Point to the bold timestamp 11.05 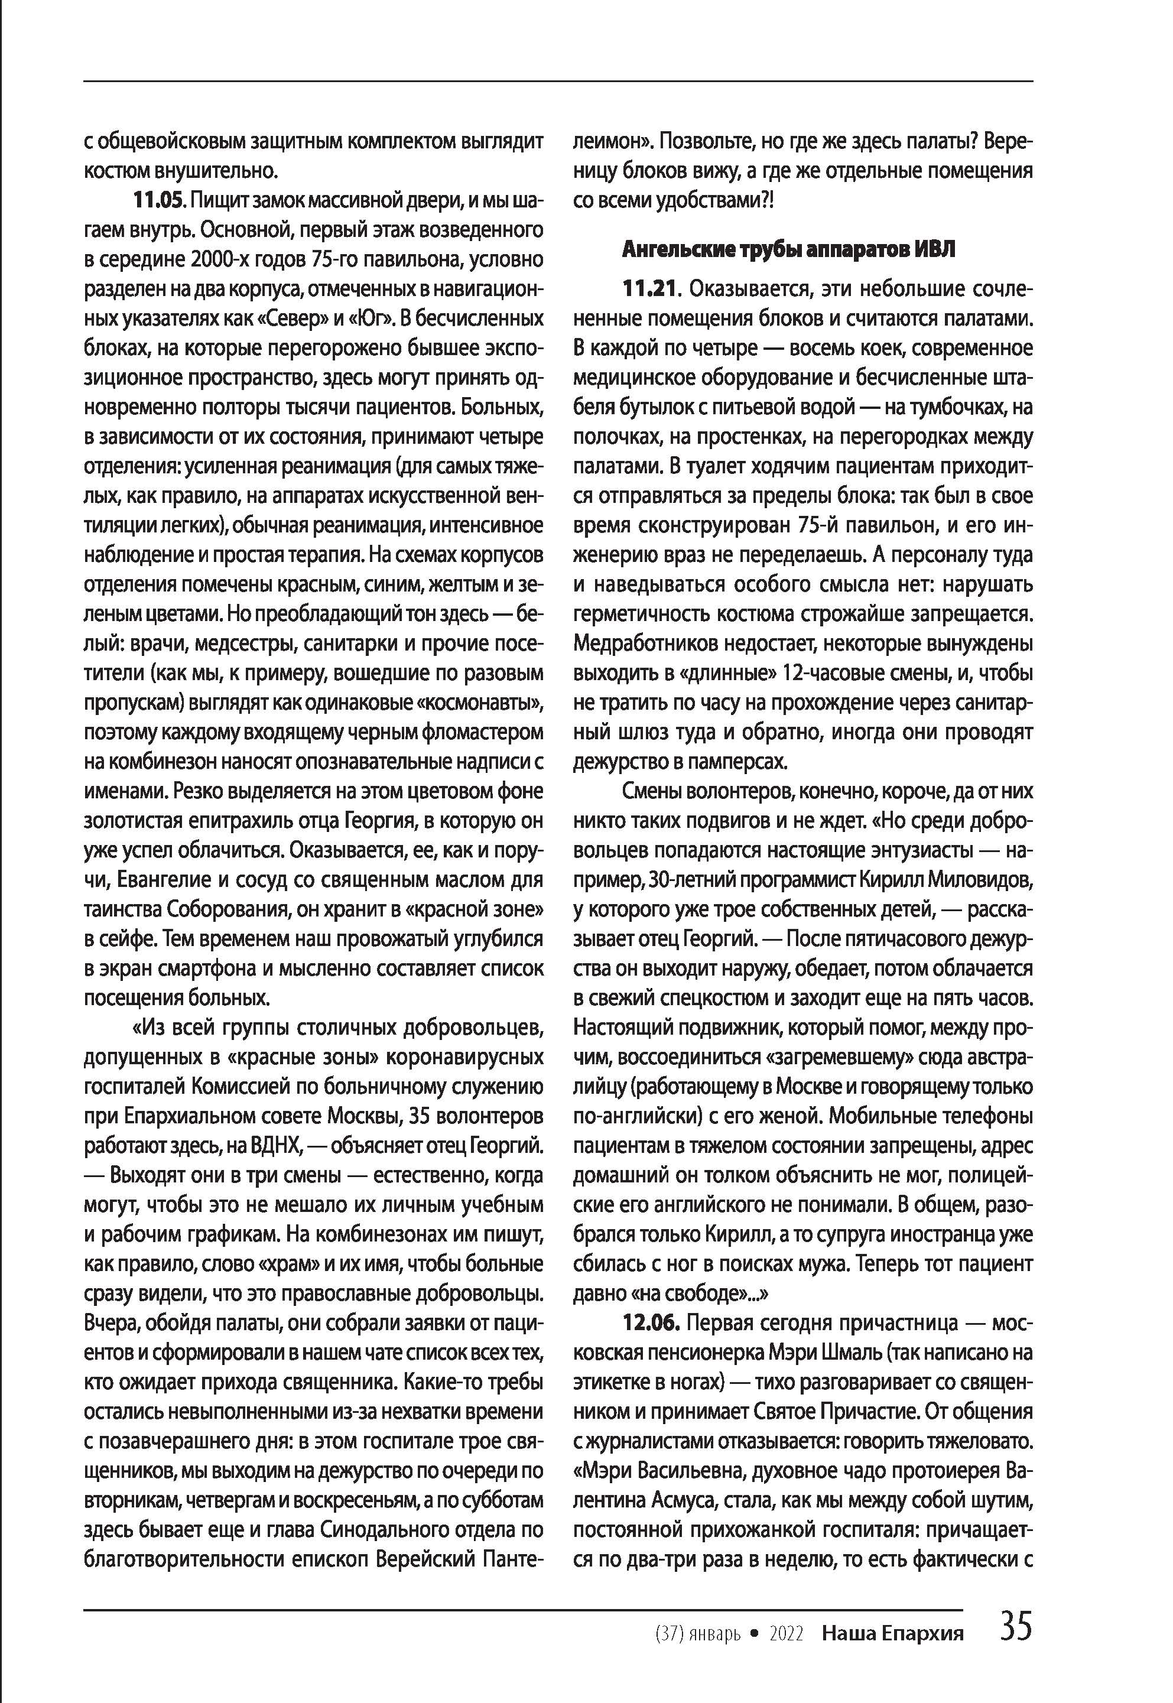pyautogui.click(x=157, y=201)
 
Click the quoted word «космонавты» pyautogui.click(x=480, y=703)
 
